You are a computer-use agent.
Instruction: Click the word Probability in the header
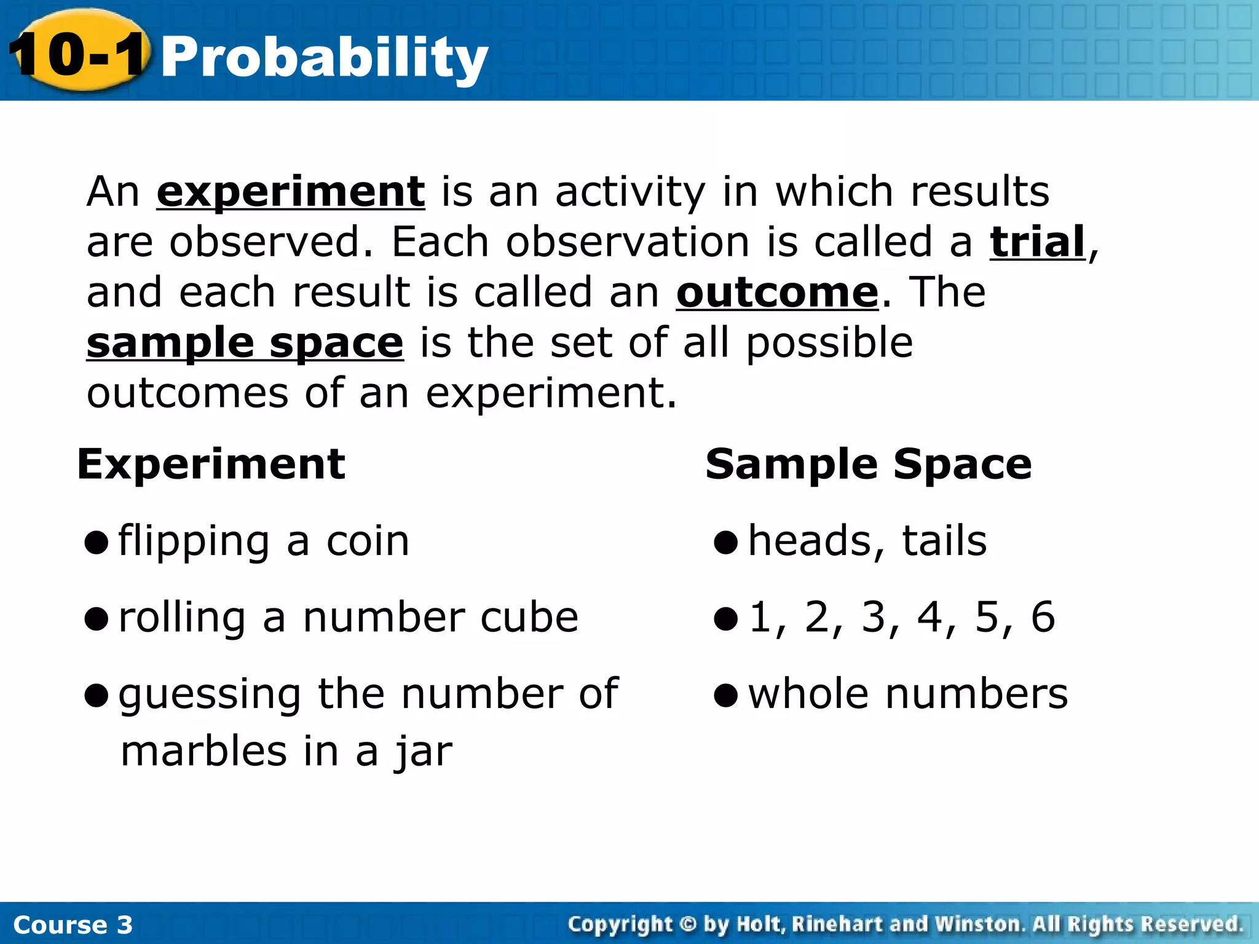(x=324, y=58)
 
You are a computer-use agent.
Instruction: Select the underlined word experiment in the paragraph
(x=290, y=192)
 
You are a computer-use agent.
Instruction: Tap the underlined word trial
(x=1037, y=242)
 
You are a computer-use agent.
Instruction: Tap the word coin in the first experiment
(x=367, y=541)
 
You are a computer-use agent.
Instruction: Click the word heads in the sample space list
(x=816, y=541)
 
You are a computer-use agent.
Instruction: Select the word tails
(x=944, y=541)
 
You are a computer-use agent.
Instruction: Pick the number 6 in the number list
(x=1043, y=617)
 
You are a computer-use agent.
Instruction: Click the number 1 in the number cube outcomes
(x=761, y=617)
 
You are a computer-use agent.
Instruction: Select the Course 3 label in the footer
(x=73, y=924)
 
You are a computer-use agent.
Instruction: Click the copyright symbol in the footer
(x=688, y=924)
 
